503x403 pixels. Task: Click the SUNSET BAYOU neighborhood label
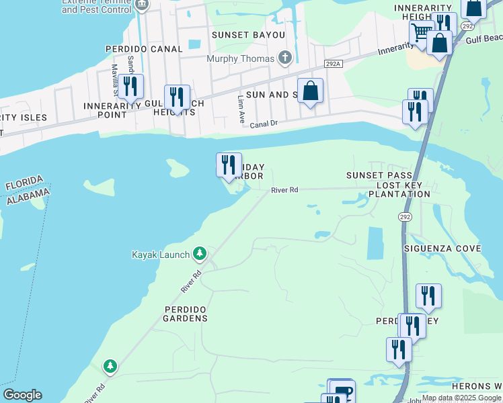tap(239, 34)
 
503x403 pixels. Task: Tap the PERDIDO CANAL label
tap(144, 49)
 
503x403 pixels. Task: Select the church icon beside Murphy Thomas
tap(284, 58)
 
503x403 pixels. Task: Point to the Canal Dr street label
tap(263, 124)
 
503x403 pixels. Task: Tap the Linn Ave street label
tap(241, 105)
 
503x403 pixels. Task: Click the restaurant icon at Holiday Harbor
tap(229, 164)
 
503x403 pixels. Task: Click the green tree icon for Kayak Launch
tap(200, 253)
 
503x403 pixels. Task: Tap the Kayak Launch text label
tap(161, 255)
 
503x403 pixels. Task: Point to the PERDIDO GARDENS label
tap(186, 313)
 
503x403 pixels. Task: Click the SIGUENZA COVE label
tap(442, 249)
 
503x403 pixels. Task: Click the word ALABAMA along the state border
tap(28, 197)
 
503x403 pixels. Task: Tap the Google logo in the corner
tap(22, 395)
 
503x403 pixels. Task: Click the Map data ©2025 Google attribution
tap(461, 398)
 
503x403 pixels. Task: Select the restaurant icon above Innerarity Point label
tap(130, 85)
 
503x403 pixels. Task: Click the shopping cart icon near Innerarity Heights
tap(421, 32)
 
